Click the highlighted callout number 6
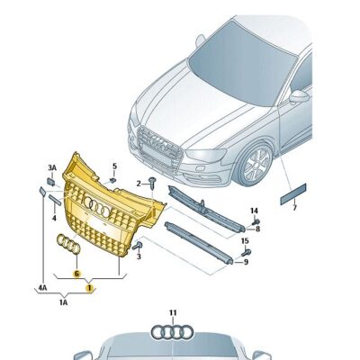pyautogui.click(x=76, y=274)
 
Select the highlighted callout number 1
pyautogui.click(x=89, y=288)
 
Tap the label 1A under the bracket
pyautogui.click(x=63, y=302)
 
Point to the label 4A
pyautogui.click(x=42, y=288)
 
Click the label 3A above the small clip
pyautogui.click(x=52, y=167)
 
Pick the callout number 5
pyautogui.click(x=114, y=166)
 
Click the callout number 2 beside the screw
pyautogui.click(x=139, y=184)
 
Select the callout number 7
pyautogui.click(x=294, y=208)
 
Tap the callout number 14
pyautogui.click(x=254, y=211)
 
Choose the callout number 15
pyautogui.click(x=245, y=240)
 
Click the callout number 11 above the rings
pyautogui.click(x=173, y=313)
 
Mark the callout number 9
pyautogui.click(x=246, y=262)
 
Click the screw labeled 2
pyautogui.click(x=153, y=183)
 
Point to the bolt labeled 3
pyautogui.click(x=138, y=246)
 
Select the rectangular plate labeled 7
pyautogui.click(x=293, y=194)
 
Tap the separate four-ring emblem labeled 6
pyautogui.click(x=68, y=244)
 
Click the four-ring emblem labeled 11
pyautogui.click(x=172, y=332)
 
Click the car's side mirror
pyautogui.click(x=300, y=97)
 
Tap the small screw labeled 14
pyautogui.click(x=256, y=222)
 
